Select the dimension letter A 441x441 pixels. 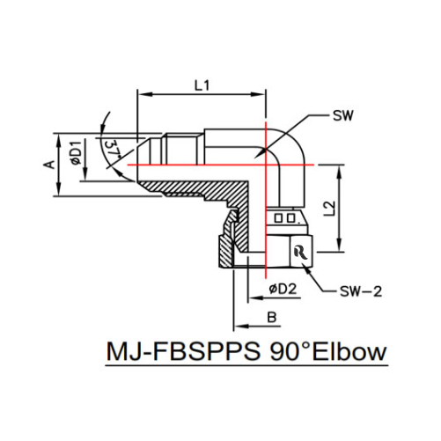coord(50,164)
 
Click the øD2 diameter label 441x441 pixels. coord(281,288)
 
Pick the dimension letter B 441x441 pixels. coord(272,315)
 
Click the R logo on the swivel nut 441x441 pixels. coord(300,251)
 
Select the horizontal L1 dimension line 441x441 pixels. coord(201,94)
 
